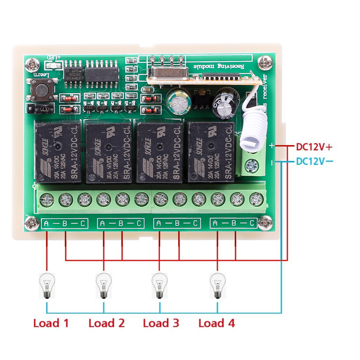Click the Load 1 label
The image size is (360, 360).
coord(51,323)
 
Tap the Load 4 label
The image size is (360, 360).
coord(217,323)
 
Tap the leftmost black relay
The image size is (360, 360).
coord(58,152)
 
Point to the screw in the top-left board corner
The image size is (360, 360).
coord(33,65)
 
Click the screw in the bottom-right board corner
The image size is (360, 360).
coord(265,223)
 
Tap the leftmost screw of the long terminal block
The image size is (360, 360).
coord(46,199)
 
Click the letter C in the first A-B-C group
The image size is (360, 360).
coord(83,224)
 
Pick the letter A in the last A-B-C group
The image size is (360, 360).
coord(215,224)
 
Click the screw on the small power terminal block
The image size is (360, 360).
coord(251,166)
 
